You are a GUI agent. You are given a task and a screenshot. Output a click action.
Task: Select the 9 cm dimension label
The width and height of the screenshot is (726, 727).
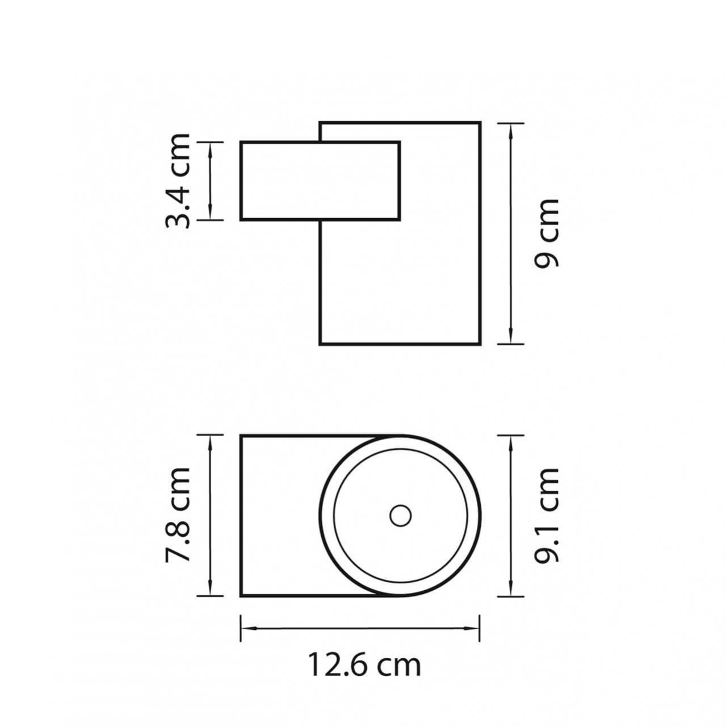[x=547, y=233]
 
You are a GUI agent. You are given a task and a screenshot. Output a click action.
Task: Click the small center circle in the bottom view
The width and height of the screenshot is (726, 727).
[x=401, y=516]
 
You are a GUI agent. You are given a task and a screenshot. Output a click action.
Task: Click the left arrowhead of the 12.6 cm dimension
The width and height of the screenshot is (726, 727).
[x=249, y=628]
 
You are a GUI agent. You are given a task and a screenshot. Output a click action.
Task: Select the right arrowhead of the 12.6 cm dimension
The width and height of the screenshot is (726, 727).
[x=471, y=628]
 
